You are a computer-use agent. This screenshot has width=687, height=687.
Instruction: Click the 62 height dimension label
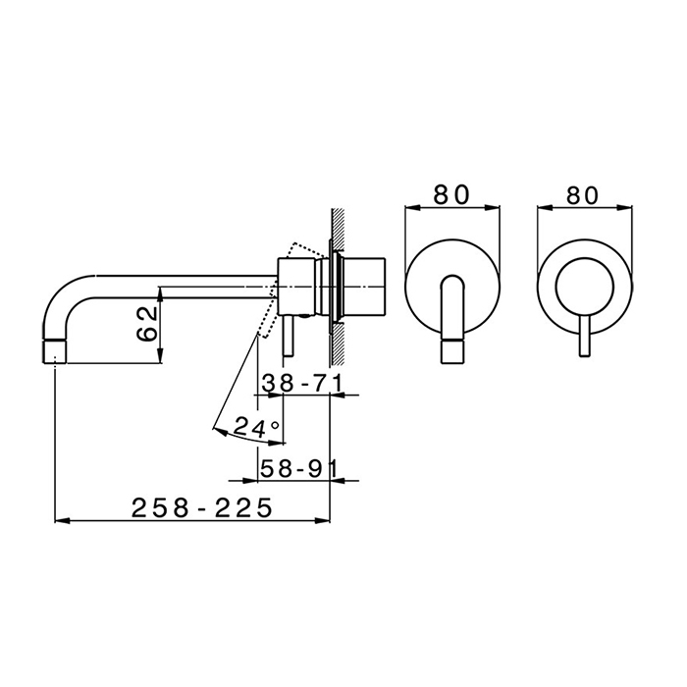pos(147,324)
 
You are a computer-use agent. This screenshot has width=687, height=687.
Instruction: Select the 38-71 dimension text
pos(301,384)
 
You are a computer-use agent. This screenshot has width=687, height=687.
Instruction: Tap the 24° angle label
pos(256,427)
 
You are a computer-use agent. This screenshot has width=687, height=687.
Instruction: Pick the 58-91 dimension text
pos(298,469)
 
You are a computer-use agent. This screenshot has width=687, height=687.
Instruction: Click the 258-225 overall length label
pos(202,508)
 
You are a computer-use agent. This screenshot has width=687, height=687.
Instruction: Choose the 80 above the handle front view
pos(582,195)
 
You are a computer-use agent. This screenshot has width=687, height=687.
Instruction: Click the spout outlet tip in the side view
pos(55,351)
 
